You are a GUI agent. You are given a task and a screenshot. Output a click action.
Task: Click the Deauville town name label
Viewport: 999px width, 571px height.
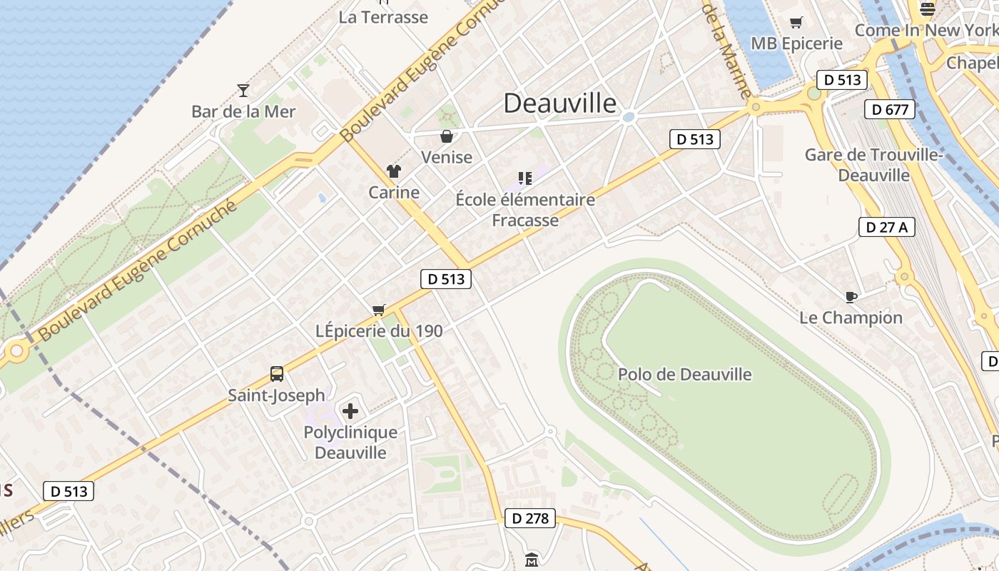pyautogui.click(x=560, y=103)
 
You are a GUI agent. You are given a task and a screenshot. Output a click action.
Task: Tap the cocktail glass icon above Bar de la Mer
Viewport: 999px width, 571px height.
pyautogui.click(x=243, y=91)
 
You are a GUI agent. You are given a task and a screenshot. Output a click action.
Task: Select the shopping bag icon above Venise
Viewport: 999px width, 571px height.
pyautogui.click(x=447, y=136)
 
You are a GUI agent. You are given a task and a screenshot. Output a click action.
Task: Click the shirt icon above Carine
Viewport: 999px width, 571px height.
pyautogui.click(x=394, y=171)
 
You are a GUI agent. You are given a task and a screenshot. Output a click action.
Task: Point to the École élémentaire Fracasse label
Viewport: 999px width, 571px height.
pyautogui.click(x=525, y=209)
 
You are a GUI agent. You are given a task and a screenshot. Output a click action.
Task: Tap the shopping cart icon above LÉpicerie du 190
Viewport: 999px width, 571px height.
pyautogui.click(x=379, y=310)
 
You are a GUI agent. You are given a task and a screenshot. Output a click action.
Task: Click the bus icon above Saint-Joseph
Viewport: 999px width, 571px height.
pyautogui.click(x=277, y=373)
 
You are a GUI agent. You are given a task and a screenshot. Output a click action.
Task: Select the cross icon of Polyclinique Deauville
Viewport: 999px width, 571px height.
pyautogui.click(x=350, y=411)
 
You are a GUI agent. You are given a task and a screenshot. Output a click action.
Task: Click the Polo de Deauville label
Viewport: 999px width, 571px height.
pyautogui.click(x=684, y=374)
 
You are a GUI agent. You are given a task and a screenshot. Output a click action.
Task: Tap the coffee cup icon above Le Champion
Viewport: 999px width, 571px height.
pyautogui.click(x=851, y=297)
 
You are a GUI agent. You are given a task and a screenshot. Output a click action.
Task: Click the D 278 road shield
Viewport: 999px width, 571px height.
pyautogui.click(x=530, y=518)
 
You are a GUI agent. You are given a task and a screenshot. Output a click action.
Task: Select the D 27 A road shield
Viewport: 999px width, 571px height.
pyautogui.click(x=886, y=227)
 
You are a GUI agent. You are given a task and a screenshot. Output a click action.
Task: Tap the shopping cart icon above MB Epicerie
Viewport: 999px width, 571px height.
pyautogui.click(x=796, y=23)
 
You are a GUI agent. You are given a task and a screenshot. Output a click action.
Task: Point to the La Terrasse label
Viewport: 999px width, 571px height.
pyautogui.click(x=383, y=17)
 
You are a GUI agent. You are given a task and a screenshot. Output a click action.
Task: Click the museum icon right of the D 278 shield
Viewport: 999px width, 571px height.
pyautogui.click(x=532, y=560)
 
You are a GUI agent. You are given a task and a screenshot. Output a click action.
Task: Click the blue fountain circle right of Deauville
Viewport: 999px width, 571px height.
pyautogui.click(x=629, y=117)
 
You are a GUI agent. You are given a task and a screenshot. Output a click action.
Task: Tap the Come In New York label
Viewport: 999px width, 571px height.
pyautogui.click(x=926, y=30)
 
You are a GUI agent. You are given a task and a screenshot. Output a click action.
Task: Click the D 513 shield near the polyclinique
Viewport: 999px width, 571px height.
pyautogui.click(x=69, y=491)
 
